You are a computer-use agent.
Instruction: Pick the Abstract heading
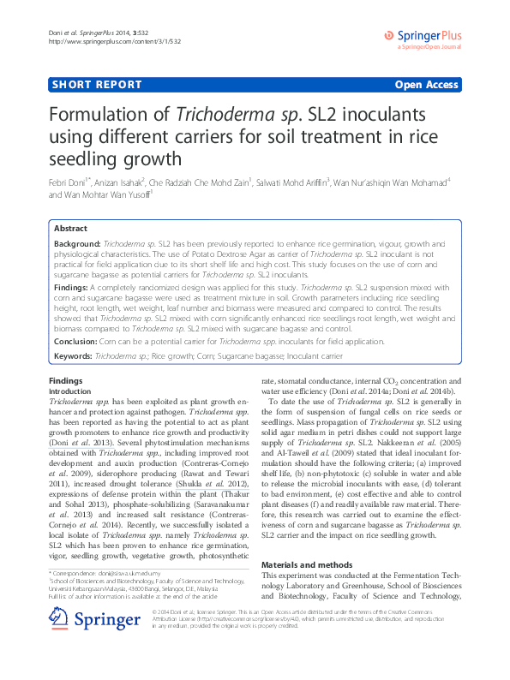tap(70, 229)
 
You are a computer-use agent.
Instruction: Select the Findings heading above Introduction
tap(65, 380)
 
